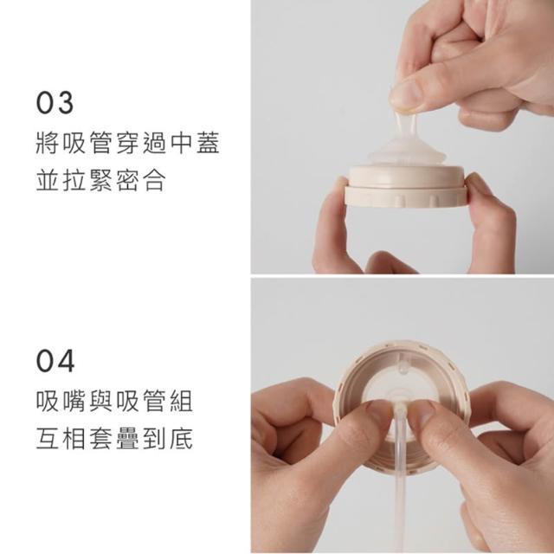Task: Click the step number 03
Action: coord(55,103)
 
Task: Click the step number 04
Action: coord(55,361)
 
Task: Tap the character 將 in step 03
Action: coord(48,143)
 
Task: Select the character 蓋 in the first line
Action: coord(208,143)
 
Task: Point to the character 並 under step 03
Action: coord(48,180)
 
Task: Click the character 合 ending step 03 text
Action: coord(154,180)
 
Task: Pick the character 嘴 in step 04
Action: coord(74,401)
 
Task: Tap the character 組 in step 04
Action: coord(181,401)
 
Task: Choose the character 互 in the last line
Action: coord(48,439)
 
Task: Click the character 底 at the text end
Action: coord(181,439)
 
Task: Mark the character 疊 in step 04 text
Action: coord(128,439)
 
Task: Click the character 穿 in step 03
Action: coord(128,143)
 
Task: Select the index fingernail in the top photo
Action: coord(406,94)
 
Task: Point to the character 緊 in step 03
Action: coord(101,180)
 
